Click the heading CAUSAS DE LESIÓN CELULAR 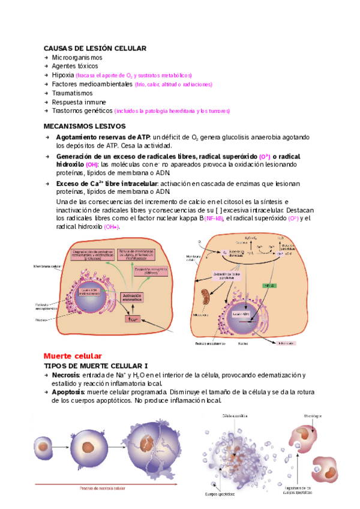tap(95, 48)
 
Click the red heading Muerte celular tap(73, 355)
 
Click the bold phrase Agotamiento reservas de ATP tap(104, 137)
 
